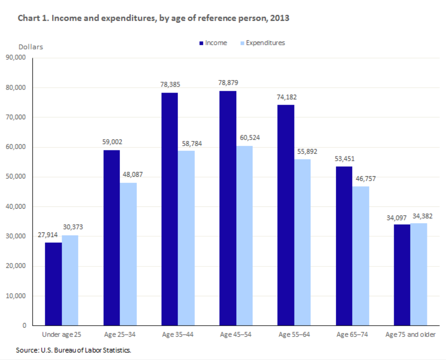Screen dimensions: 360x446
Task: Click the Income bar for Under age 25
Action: tap(53, 284)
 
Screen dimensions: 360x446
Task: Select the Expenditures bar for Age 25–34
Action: tap(129, 254)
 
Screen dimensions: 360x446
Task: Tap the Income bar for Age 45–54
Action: tap(228, 208)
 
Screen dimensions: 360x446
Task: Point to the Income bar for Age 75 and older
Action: tap(402, 275)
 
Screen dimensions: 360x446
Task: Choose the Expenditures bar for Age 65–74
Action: tap(361, 255)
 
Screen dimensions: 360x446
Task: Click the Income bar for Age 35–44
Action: tap(169, 209)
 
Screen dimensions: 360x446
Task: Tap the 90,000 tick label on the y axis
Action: tap(15, 58)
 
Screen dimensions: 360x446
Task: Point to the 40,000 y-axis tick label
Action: tap(15, 206)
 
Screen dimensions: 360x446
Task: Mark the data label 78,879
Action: tap(228, 83)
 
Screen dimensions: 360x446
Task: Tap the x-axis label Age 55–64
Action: tap(294, 334)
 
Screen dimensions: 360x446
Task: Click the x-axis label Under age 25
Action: tap(62, 334)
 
